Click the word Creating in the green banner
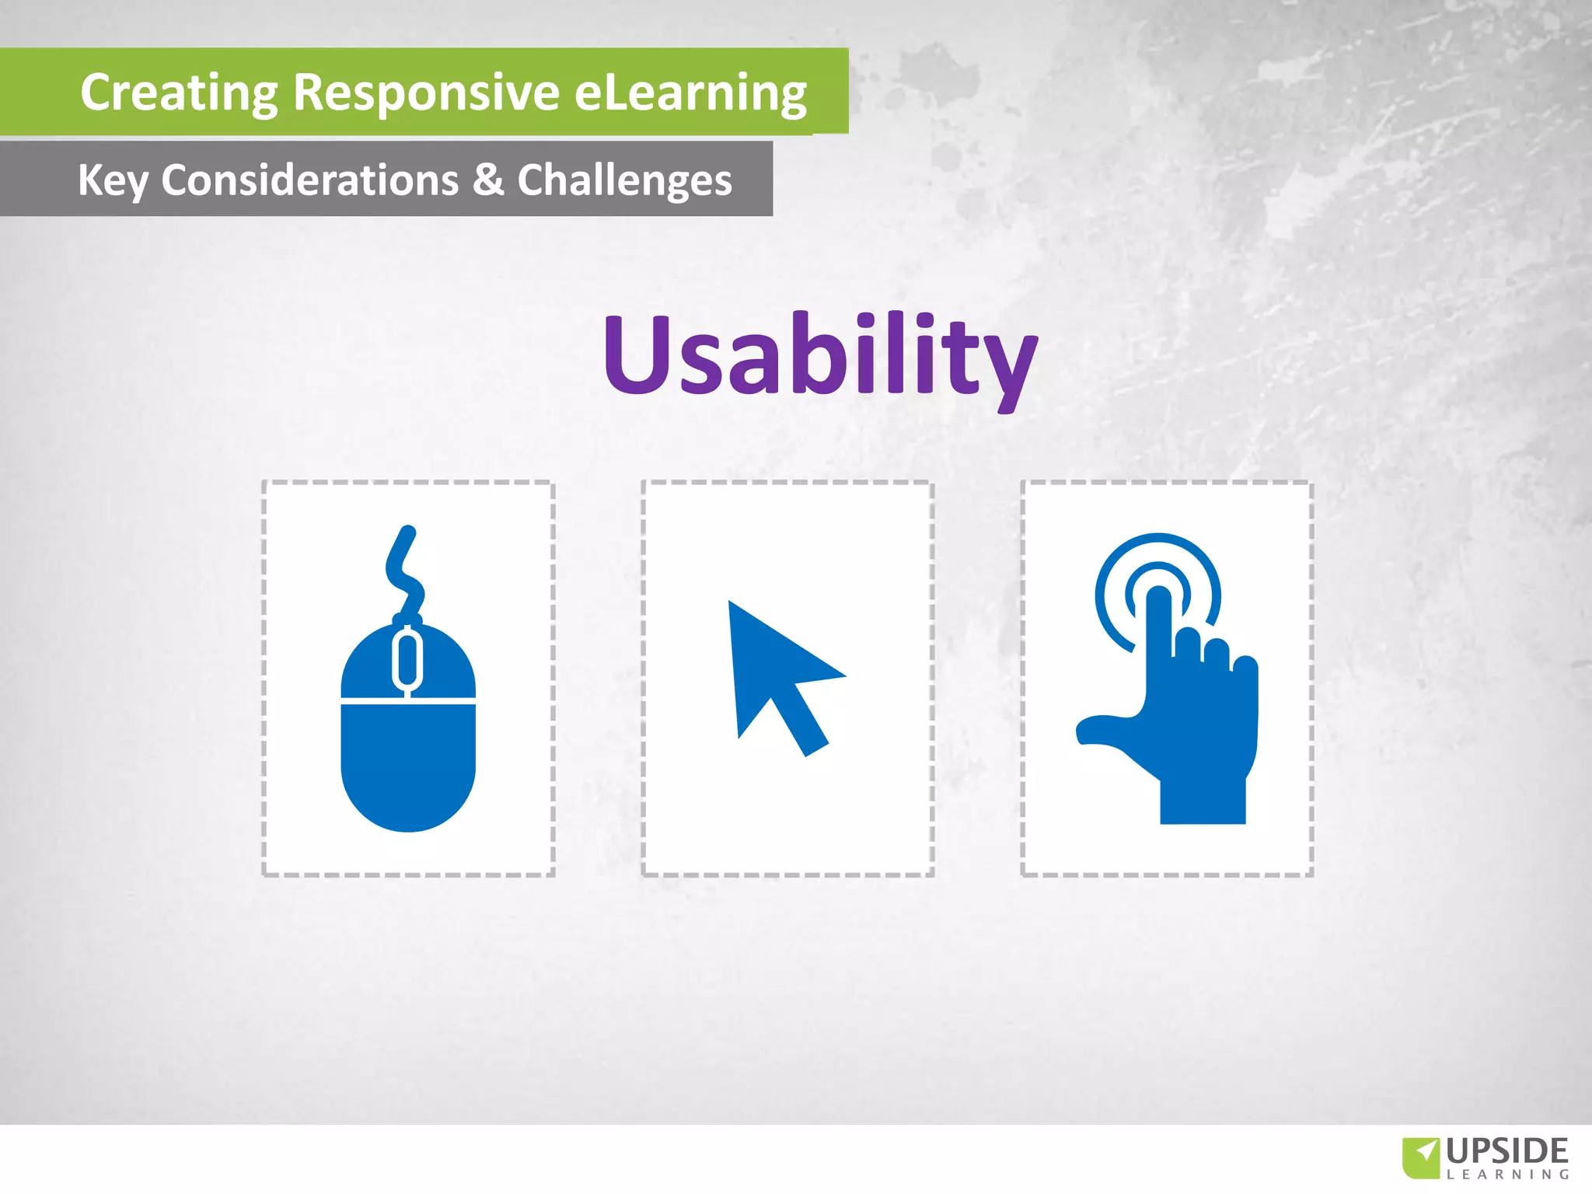[x=178, y=93]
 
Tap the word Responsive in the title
[x=426, y=93]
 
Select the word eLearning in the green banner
[x=690, y=93]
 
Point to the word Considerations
[x=309, y=180]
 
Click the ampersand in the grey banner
[x=487, y=180]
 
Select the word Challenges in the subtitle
[x=624, y=180]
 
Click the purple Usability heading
[x=820, y=354]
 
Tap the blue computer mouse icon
[x=408, y=746]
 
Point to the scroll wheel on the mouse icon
[x=407, y=659]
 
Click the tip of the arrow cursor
[x=731, y=604]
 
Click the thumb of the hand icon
[x=1104, y=731]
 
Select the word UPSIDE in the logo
[x=1507, y=1150]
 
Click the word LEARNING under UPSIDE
[x=1507, y=1175]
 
